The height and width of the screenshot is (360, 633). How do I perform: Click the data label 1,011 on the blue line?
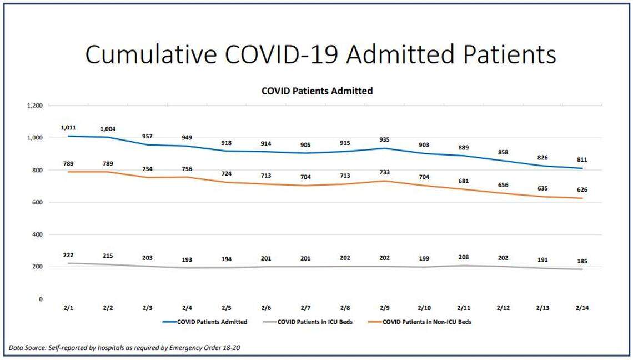click(68, 128)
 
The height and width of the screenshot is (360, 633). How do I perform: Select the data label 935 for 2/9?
click(384, 139)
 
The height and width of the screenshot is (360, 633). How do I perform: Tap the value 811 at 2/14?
click(582, 159)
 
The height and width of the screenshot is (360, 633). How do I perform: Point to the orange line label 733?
click(384, 173)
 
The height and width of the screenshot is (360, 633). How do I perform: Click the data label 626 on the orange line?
click(582, 189)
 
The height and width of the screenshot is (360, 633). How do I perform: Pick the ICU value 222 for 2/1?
click(68, 254)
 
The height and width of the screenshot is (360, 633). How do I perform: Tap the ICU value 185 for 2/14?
click(582, 261)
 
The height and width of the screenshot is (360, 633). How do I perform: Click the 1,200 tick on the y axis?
click(34, 106)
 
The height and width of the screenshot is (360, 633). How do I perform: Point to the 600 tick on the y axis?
click(38, 202)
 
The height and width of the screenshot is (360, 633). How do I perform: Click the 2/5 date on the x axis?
click(227, 308)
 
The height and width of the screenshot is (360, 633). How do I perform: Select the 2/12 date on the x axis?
click(503, 308)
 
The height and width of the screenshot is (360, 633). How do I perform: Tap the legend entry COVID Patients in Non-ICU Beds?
click(427, 322)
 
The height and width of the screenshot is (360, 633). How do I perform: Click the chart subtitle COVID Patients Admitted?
click(317, 91)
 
